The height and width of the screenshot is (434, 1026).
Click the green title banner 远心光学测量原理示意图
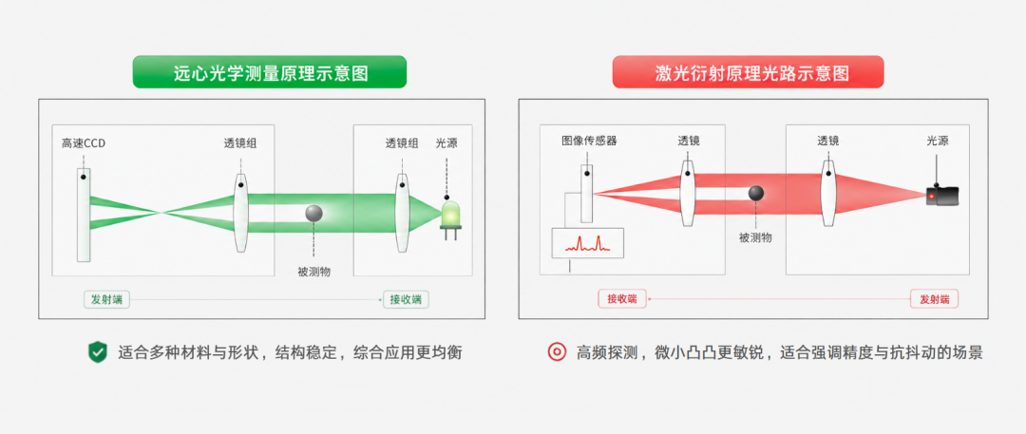tap(270, 72)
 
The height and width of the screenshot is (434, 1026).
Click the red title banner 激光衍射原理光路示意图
tap(748, 72)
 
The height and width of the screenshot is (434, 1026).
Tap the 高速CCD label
tap(83, 143)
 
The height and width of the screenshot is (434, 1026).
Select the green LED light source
tap(451, 220)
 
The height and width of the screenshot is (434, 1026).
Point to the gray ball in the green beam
tap(314, 214)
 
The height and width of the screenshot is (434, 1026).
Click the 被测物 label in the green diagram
tap(314, 272)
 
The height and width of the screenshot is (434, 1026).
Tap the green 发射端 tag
tap(106, 300)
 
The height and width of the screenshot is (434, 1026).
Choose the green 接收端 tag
tap(407, 300)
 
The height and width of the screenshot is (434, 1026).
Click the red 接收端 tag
tap(621, 299)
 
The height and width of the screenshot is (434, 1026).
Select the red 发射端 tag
tap(935, 299)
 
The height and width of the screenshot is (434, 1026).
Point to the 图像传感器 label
tap(589, 141)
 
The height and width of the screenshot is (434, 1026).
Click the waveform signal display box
tap(588, 243)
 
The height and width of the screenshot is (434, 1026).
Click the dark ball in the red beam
tap(756, 193)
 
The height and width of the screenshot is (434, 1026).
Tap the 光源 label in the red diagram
tap(937, 141)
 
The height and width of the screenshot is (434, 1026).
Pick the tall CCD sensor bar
tap(84, 215)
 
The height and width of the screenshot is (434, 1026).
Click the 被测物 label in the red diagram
tap(756, 237)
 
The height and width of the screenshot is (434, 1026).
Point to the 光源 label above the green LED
tap(446, 143)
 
